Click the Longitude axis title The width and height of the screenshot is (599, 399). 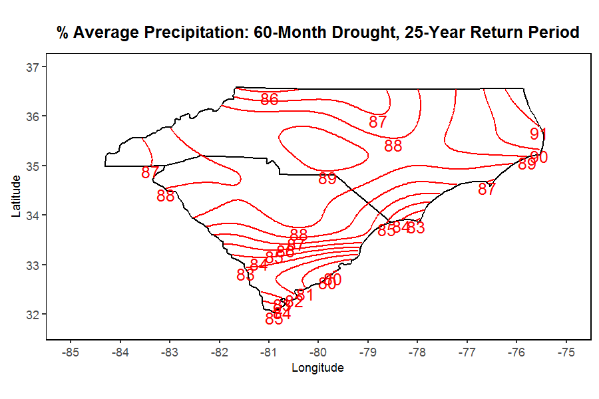pyautogui.click(x=318, y=368)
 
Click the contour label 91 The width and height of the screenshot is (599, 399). pyautogui.click(x=538, y=134)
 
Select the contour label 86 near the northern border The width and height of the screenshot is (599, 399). pyautogui.click(x=270, y=100)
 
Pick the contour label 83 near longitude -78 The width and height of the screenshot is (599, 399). pyautogui.click(x=416, y=228)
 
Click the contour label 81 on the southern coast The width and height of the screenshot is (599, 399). pyautogui.click(x=305, y=295)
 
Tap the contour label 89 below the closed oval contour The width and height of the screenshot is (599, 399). pyautogui.click(x=327, y=179)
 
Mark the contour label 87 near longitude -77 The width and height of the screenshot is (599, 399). pyautogui.click(x=487, y=190)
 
